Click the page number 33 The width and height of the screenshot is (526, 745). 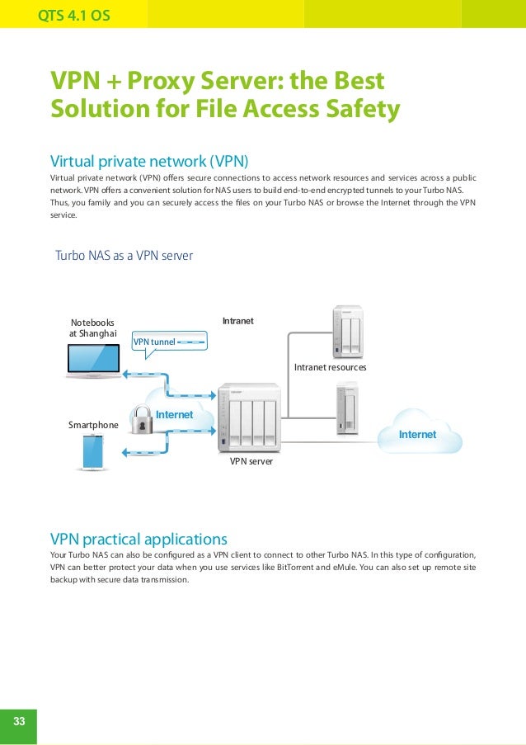click(18, 721)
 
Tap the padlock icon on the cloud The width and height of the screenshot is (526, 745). click(143, 420)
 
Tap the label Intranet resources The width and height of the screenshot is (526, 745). click(330, 366)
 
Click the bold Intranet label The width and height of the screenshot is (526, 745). click(238, 319)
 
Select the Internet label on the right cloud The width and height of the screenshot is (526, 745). click(417, 434)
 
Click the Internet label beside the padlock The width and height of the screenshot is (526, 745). click(174, 414)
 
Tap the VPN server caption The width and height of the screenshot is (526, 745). click(251, 462)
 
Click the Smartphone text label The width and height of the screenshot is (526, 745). click(93, 425)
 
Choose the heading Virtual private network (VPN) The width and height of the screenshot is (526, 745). click(149, 159)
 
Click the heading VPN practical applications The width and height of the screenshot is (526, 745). click(139, 540)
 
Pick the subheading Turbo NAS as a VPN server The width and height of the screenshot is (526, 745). click(124, 256)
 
